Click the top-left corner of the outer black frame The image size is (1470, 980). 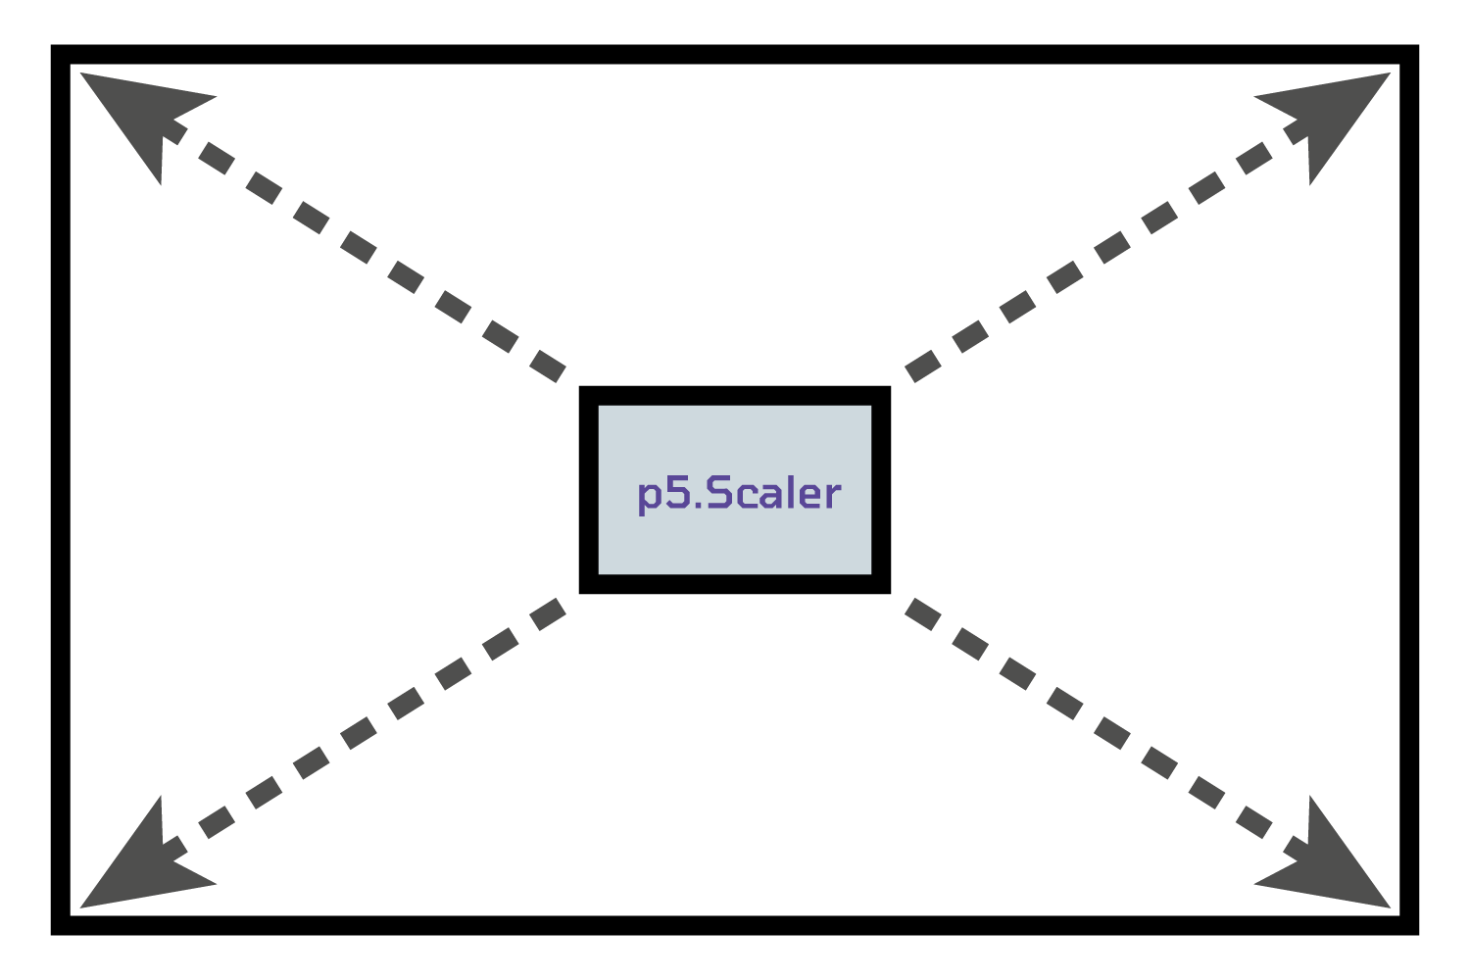click(60, 54)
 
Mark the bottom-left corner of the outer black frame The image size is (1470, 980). click(60, 926)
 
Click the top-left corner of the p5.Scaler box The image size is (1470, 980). click(589, 396)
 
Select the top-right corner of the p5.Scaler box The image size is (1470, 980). click(881, 396)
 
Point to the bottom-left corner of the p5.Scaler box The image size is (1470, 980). click(589, 584)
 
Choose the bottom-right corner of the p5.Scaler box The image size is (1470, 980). click(881, 584)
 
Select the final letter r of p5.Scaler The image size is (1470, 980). click(832, 496)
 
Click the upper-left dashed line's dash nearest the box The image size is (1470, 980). click(547, 366)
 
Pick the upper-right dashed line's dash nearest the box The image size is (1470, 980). click(923, 366)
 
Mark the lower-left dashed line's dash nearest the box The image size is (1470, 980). click(547, 613)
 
